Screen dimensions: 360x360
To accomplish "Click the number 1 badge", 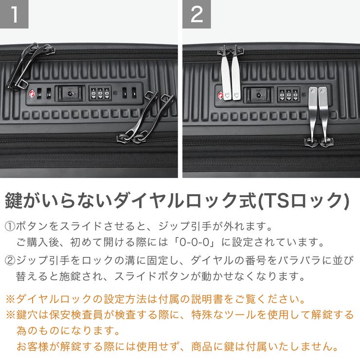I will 14,14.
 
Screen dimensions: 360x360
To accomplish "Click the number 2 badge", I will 197,14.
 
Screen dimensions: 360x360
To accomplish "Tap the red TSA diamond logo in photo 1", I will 33,93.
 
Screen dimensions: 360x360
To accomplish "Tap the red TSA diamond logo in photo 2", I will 220,94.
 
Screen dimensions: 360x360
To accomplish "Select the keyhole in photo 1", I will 71,93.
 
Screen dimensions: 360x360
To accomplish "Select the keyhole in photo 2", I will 258,94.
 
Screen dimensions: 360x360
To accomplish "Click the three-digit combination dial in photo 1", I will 100,93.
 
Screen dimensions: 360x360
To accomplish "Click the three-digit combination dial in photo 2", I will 288,94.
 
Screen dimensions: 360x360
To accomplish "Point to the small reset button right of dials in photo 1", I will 114,93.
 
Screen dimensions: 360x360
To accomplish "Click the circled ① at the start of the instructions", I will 10,227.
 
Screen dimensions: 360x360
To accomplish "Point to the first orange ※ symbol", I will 10,298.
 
